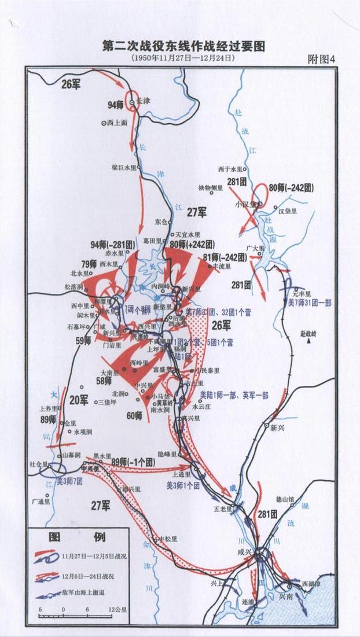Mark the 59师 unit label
[x=84, y=341]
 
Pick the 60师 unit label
[x=134, y=415]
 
